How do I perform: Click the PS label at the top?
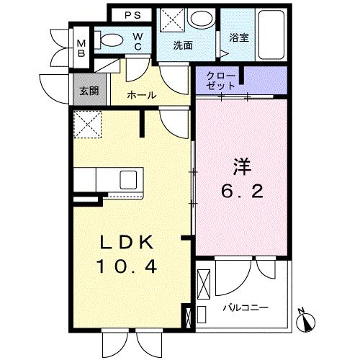pyautogui.click(x=132, y=14)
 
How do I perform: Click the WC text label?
pyautogui.click(x=137, y=41)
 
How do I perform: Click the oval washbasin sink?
pyautogui.click(x=204, y=19)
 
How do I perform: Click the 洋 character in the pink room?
pyautogui.click(x=241, y=165)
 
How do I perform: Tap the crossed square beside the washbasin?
pyautogui.click(x=172, y=19)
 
